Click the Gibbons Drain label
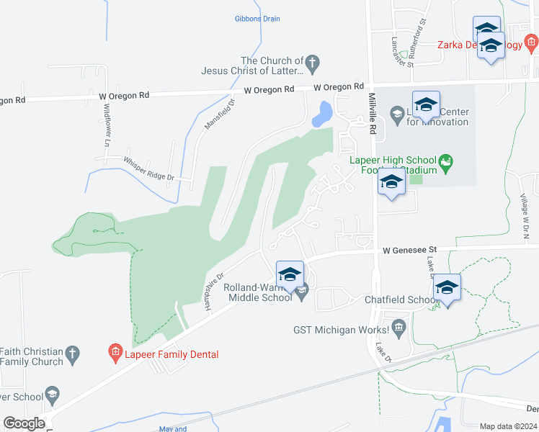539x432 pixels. (x=257, y=19)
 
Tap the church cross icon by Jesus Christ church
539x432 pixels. (x=312, y=63)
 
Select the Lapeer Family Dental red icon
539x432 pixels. (x=115, y=353)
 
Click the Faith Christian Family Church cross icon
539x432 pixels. (x=71, y=354)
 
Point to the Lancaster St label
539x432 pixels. (x=402, y=51)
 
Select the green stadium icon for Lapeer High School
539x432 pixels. (x=447, y=161)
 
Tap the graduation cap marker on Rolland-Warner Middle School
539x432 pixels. (x=290, y=275)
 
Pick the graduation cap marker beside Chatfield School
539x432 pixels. (x=447, y=287)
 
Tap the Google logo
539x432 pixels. (x=24, y=423)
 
